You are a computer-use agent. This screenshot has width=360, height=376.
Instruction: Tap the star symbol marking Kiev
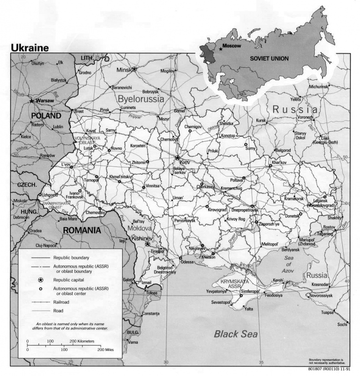click(177, 158)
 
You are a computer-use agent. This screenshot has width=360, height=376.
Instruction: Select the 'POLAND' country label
click(46, 116)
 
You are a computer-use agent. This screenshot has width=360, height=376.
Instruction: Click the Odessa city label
click(187, 262)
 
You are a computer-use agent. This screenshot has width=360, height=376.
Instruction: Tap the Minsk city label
click(123, 70)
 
